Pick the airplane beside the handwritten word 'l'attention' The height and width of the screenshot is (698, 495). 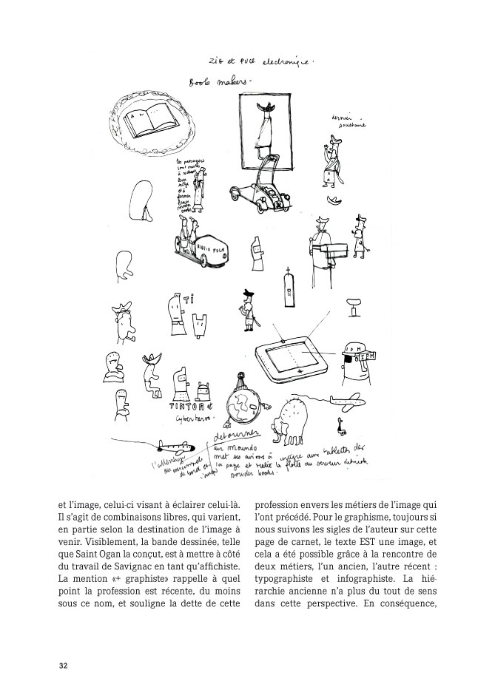tap(175, 447)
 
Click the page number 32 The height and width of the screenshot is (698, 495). tap(64, 665)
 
